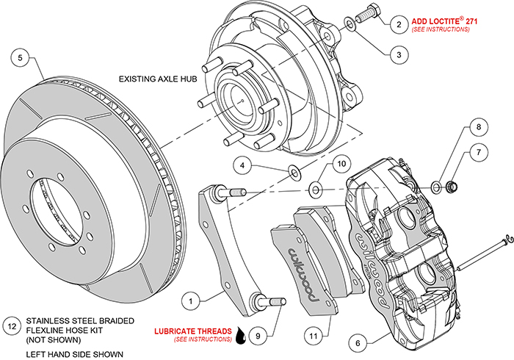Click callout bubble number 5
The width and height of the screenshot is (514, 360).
(21, 58)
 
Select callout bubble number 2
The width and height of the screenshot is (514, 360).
(399, 24)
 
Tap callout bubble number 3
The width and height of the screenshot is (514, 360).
(399, 53)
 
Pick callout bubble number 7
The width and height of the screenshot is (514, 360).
(479, 152)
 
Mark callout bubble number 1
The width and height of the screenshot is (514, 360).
(191, 300)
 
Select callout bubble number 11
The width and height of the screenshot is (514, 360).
(313, 336)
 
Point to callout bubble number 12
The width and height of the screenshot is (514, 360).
(11, 325)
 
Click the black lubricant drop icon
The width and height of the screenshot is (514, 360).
(240, 336)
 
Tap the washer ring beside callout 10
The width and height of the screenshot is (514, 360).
(316, 190)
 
